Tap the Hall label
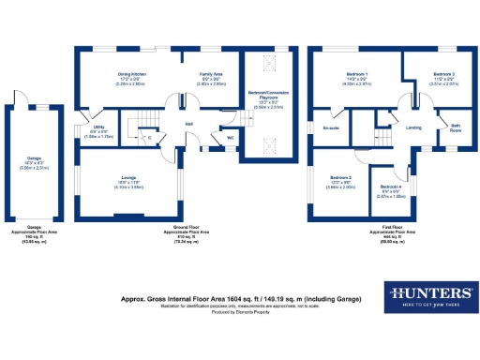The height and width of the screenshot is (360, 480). pos(188,125)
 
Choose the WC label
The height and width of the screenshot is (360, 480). pos(230,138)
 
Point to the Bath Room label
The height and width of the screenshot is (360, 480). pos(456,127)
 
